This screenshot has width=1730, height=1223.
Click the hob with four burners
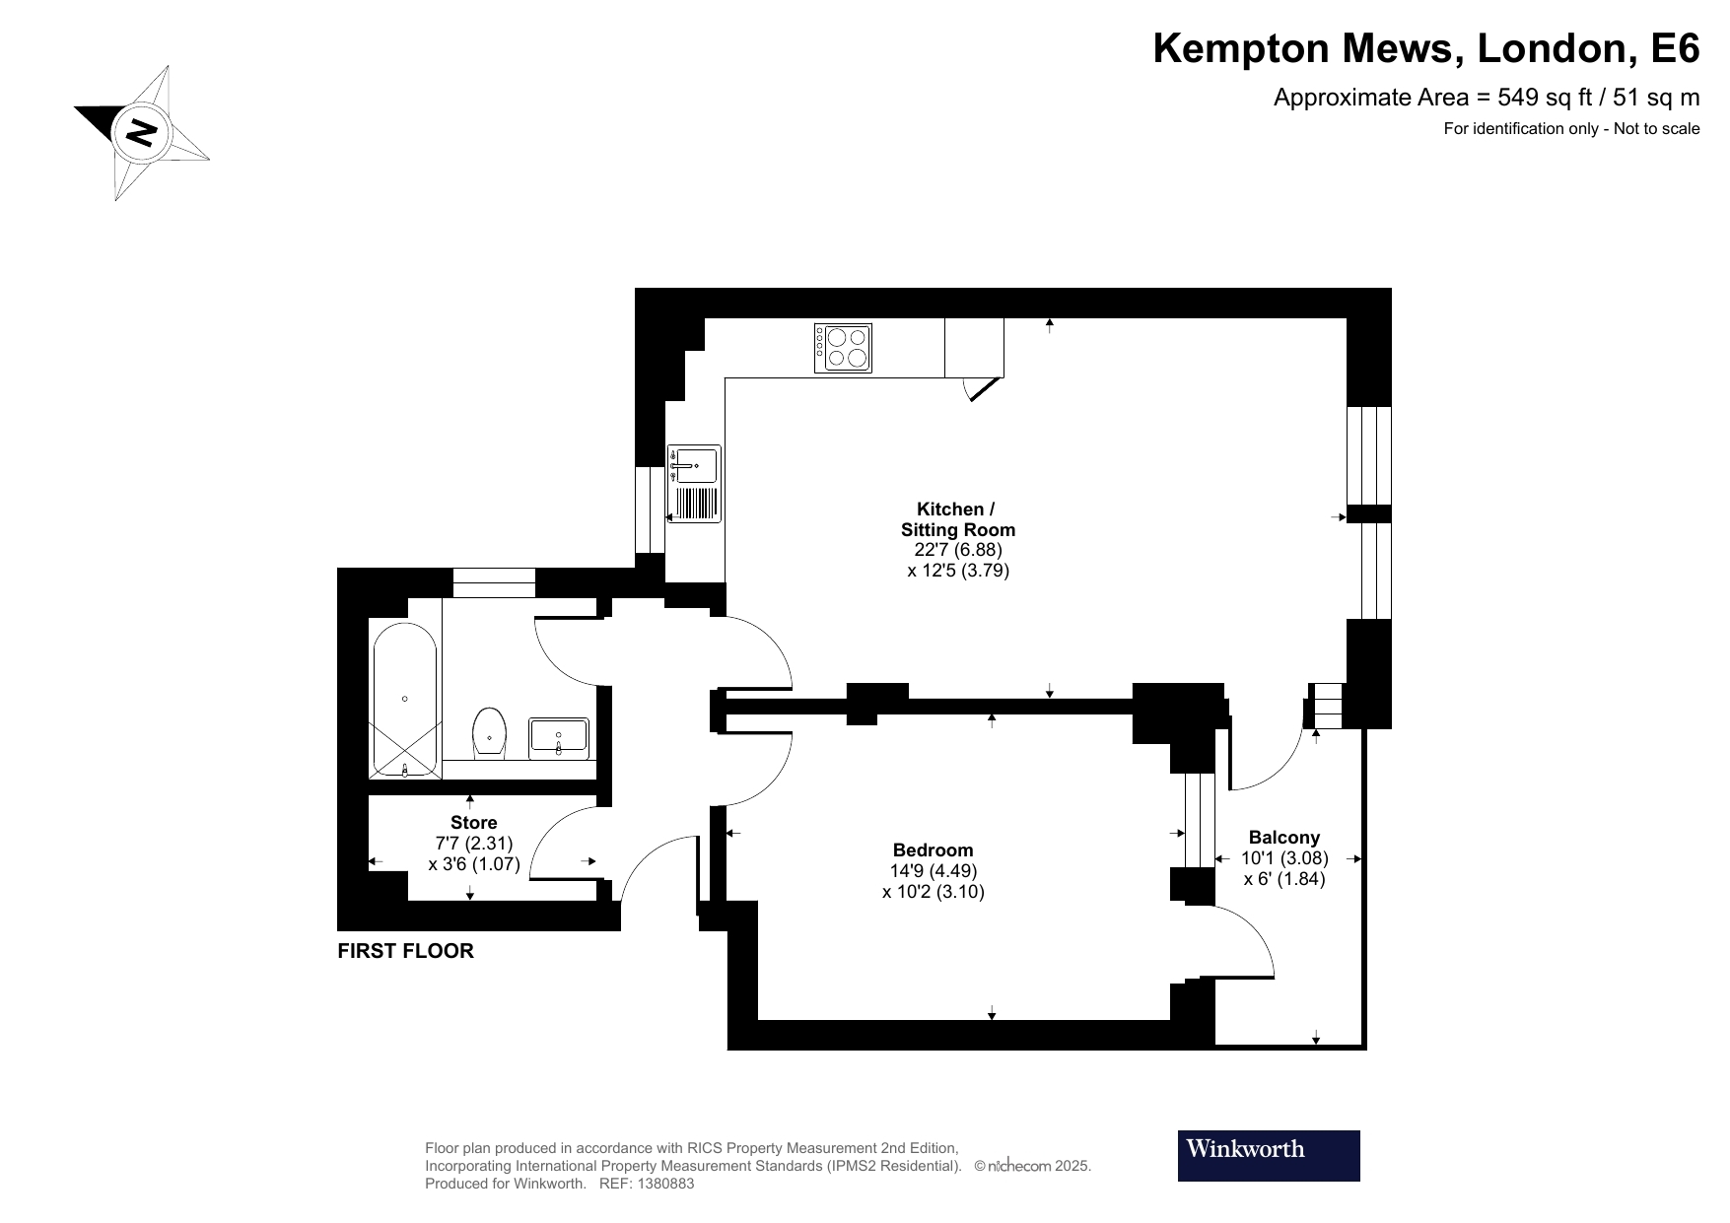[x=843, y=348]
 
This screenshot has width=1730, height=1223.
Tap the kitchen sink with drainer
[x=695, y=484]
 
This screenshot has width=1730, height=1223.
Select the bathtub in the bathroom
[x=405, y=699]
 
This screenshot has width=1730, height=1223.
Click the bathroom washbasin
[x=559, y=736]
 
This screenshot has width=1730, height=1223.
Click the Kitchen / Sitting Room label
[x=956, y=519]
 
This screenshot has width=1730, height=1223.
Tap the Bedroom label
[x=933, y=849]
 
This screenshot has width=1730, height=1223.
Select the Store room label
[x=473, y=822]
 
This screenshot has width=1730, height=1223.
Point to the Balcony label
[x=1283, y=838]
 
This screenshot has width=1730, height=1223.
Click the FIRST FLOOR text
[x=405, y=951]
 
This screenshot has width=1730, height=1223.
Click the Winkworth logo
[x=1268, y=1155]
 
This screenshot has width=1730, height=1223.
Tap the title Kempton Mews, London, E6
[x=1425, y=48]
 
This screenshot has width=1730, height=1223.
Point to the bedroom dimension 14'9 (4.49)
[x=933, y=871]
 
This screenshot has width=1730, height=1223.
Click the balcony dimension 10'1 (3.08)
[x=1284, y=858]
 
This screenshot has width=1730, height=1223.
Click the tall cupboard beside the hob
[x=974, y=347]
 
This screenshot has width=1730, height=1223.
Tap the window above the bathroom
[x=494, y=582]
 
